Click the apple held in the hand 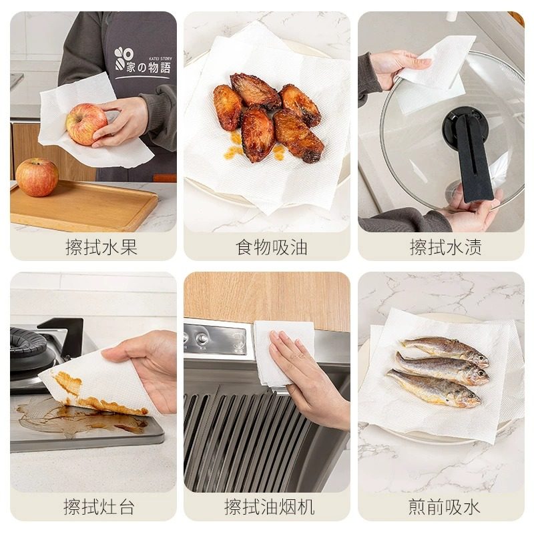(x=85, y=123)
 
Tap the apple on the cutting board (x=37, y=177)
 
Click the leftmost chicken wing (x=228, y=107)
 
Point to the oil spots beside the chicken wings (x=234, y=150)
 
